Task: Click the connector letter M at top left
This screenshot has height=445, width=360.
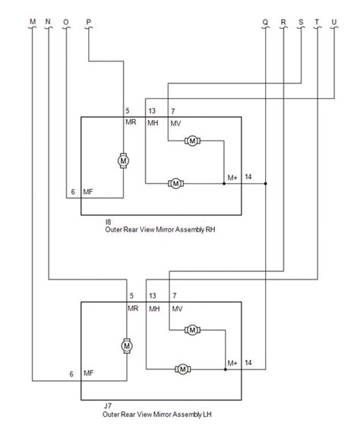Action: point(33,21)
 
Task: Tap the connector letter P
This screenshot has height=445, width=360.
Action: point(89,22)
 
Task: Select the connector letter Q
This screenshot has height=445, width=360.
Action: point(265,22)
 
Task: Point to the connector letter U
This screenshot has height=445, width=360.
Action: point(334,22)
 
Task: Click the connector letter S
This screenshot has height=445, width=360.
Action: point(301,22)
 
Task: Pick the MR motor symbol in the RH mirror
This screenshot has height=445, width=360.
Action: point(123,161)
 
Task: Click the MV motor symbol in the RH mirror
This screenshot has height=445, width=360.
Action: point(192,140)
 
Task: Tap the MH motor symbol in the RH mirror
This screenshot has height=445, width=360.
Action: point(175,183)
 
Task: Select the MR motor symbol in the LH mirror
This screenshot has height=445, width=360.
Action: point(127,346)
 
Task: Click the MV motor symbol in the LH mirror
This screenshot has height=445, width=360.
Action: point(192,330)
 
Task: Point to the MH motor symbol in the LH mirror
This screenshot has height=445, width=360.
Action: point(183,369)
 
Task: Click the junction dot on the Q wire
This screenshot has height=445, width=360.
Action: point(266,184)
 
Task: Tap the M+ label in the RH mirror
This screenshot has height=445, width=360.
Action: point(232,178)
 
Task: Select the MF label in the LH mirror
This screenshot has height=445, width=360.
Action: point(88,373)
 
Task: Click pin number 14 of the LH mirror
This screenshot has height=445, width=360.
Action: point(248,362)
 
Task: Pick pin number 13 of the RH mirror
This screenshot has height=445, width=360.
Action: point(152,111)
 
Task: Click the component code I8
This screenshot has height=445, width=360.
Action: point(108,222)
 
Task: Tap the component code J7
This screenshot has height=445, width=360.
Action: point(108,406)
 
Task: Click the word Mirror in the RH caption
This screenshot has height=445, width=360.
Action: point(164,229)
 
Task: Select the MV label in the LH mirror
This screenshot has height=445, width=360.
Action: point(177,309)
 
